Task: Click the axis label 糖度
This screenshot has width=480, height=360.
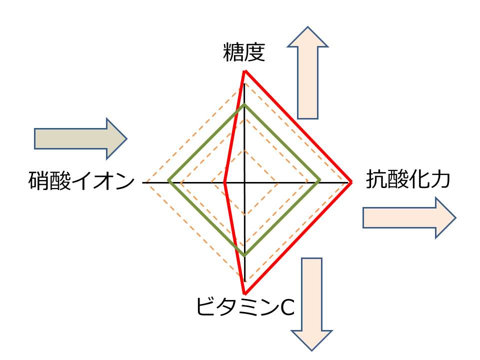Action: coord(244,52)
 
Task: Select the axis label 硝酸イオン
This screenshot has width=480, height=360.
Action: coord(81,181)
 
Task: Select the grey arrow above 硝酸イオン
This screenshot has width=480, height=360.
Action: coord(80,138)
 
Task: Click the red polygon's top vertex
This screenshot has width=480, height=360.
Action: coord(244,71)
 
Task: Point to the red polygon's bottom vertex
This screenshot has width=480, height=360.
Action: coord(244,293)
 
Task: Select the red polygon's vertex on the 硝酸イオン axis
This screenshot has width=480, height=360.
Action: coord(225,182)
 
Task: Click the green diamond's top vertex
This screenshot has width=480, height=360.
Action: coord(244,105)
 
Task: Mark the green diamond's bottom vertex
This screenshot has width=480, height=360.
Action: coord(244,255)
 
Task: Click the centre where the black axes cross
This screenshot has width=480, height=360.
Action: coord(244,182)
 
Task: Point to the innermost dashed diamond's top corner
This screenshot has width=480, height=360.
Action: coord(244,149)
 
